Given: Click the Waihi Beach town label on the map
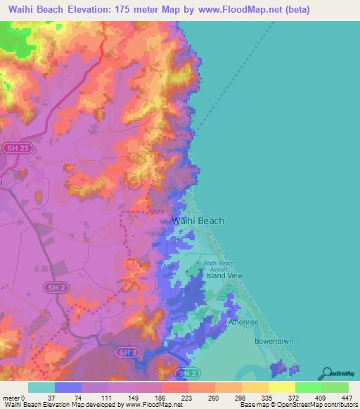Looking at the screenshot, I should pos(198,221).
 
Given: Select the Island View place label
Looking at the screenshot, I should pos(224,275).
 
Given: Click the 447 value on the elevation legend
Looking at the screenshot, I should pos(347,398).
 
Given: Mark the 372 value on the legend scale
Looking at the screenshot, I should pos(295,398).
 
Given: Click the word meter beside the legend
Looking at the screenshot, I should pos(11,398).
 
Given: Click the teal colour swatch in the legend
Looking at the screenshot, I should pos(41,387).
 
